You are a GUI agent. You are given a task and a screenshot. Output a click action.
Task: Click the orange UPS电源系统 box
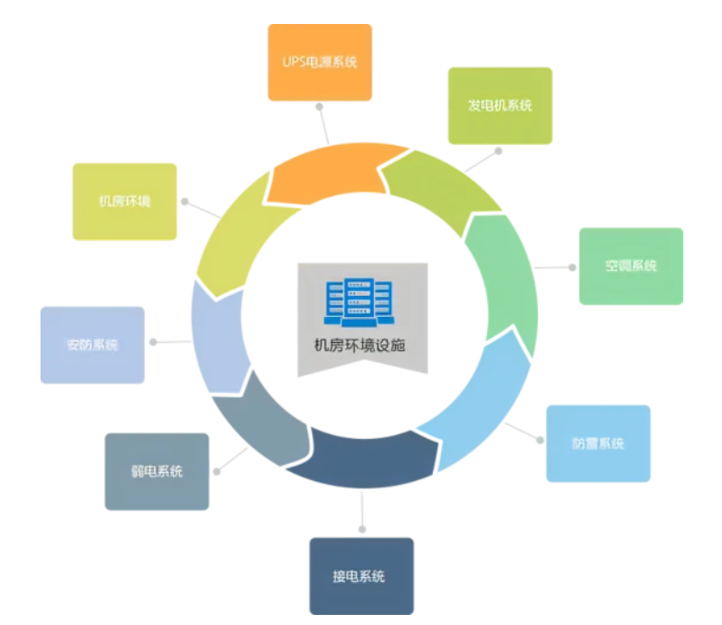point(320,63)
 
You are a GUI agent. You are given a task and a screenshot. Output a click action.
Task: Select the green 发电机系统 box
point(500,105)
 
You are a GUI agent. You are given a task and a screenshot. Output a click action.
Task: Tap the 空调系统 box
point(631,265)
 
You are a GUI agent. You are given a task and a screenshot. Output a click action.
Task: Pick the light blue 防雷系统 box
point(598,443)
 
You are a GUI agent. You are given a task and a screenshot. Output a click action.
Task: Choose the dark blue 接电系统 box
point(361,576)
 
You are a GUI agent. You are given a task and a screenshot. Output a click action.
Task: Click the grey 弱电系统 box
point(157,471)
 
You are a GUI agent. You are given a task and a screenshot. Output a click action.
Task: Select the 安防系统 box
point(92,345)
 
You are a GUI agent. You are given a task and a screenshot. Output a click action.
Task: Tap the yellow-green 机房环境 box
point(124,202)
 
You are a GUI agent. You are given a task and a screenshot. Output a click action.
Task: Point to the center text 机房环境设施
point(362,347)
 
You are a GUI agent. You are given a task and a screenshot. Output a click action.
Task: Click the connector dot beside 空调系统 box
point(572,267)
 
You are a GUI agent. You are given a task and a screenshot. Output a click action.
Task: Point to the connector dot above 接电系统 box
point(363,529)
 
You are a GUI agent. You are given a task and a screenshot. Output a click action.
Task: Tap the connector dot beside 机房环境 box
point(185,201)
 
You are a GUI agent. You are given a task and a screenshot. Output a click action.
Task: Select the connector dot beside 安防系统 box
point(154,342)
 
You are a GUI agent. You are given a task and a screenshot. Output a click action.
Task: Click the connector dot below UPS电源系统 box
point(319,110)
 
